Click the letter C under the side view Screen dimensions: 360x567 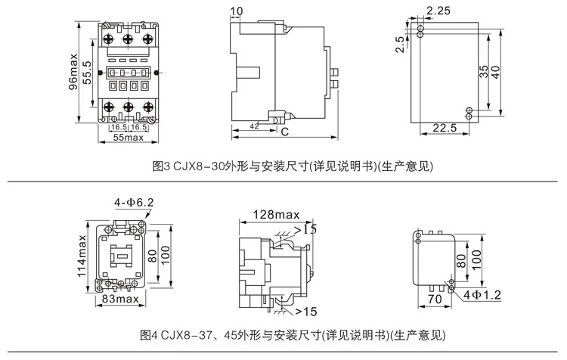coord(285,132)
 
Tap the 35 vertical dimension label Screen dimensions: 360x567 coord(483,72)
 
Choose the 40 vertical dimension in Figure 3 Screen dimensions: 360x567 coord(496,72)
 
